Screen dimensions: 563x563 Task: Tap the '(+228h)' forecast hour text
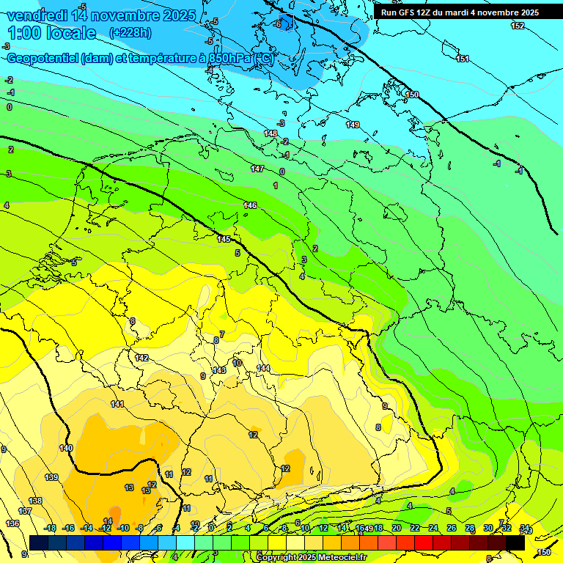tap(130, 32)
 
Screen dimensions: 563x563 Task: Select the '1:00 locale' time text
tap(52, 33)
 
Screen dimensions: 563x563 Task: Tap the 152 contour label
tap(518, 26)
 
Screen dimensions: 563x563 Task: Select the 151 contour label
tap(463, 59)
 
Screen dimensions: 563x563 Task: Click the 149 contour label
tap(353, 125)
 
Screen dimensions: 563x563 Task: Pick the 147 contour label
tap(257, 169)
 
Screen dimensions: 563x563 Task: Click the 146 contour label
tap(250, 206)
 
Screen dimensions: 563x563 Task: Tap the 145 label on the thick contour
tap(224, 240)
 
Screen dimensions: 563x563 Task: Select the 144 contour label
tap(263, 368)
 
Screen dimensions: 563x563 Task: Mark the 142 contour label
tap(141, 358)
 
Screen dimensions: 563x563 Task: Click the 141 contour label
tap(117, 405)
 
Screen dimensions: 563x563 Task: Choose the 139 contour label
tap(51, 477)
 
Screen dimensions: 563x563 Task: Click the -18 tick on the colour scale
tap(51, 528)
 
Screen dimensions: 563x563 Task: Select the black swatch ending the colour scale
tap(515, 542)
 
